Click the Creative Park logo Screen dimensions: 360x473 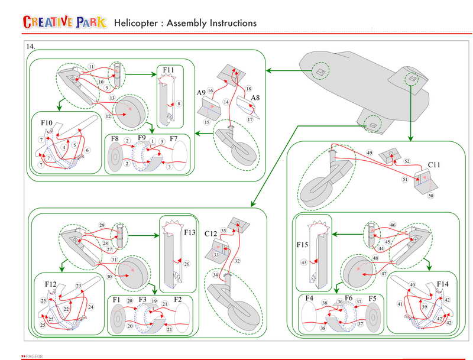click(x=65, y=22)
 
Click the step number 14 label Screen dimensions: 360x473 click(x=30, y=46)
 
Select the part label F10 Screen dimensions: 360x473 click(x=47, y=123)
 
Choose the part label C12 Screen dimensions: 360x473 click(x=210, y=234)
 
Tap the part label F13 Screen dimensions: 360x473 click(x=190, y=232)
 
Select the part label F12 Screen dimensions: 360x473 click(x=51, y=285)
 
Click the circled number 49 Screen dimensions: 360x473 click(x=369, y=153)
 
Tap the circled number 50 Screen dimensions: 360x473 click(x=430, y=196)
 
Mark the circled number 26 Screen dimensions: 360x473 click(x=187, y=264)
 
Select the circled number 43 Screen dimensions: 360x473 click(x=304, y=262)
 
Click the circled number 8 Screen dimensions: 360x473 click(x=179, y=103)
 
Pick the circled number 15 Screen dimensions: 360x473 click(x=207, y=122)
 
